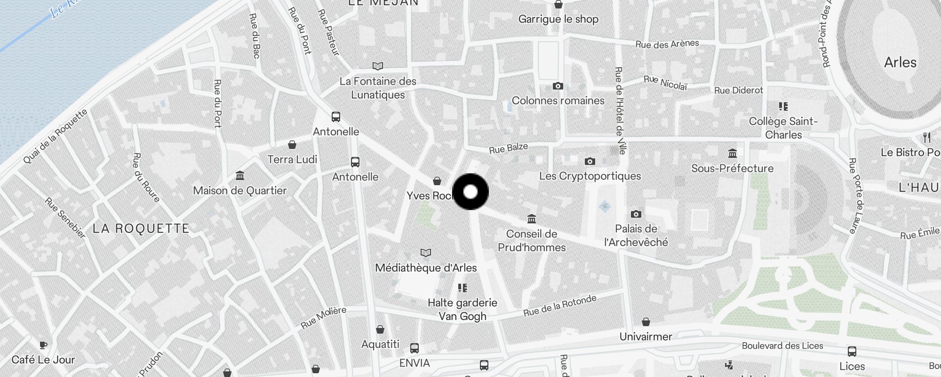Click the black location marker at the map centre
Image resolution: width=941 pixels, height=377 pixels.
(470, 192)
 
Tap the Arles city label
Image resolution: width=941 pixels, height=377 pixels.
(900, 62)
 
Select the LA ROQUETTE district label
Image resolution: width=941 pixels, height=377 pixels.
(141, 229)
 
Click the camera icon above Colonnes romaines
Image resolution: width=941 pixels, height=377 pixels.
(558, 86)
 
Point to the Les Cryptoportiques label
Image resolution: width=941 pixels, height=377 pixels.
(590, 176)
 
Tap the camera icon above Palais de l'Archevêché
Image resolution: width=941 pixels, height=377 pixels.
(636, 214)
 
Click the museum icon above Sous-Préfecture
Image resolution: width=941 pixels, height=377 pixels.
(733, 154)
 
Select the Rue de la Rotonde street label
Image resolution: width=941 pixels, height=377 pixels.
(560, 305)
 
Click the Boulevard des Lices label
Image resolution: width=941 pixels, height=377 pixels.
(782, 345)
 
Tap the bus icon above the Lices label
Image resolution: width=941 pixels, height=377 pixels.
(852, 352)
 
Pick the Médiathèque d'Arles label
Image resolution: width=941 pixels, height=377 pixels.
(426, 268)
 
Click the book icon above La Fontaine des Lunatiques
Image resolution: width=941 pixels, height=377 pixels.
(378, 66)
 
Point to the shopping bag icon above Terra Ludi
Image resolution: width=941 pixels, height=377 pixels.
(292, 145)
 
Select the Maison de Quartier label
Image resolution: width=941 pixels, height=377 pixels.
(240, 190)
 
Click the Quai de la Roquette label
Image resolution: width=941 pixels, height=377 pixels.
(56, 136)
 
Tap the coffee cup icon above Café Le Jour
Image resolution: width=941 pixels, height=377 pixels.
(43, 345)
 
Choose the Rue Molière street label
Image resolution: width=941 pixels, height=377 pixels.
(324, 317)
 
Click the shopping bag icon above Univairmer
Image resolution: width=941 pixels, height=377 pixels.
(646, 322)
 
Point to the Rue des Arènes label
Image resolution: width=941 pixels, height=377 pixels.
(667, 44)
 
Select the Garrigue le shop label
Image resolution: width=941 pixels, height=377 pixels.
(558, 19)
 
